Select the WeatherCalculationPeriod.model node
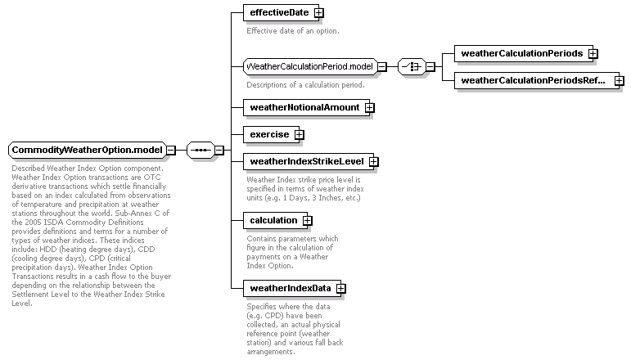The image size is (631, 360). (310, 66)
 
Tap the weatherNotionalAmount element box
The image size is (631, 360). (309, 107)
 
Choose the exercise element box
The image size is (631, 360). (273, 134)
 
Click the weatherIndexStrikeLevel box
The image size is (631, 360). (311, 161)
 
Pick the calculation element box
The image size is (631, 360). (277, 220)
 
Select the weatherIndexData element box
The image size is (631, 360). (294, 288)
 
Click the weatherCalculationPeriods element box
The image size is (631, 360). (525, 53)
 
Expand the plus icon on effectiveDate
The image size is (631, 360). (318, 13)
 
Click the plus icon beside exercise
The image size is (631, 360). (299, 135)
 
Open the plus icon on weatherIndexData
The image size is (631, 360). (340, 288)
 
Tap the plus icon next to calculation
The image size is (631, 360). (308, 221)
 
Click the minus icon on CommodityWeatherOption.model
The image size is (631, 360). (171, 150)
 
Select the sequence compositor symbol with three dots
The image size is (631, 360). (201, 150)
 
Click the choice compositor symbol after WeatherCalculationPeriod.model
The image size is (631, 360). (412, 66)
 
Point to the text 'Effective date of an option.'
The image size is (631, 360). (293, 31)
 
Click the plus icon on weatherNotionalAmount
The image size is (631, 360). (369, 108)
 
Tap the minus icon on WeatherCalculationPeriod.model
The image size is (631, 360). (382, 66)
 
